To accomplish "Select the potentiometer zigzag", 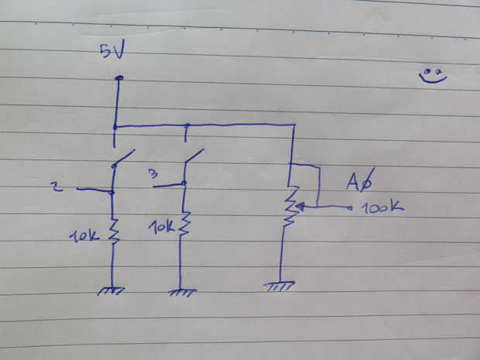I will point(290,205).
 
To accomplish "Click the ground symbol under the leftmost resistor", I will point(112,291).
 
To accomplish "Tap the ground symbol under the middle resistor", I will point(182,292).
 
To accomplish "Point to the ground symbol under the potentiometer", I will point(279,286).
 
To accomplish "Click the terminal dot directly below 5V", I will point(118,78).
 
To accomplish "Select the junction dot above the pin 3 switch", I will point(187,125).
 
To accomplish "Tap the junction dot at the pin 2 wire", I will point(112,191).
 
